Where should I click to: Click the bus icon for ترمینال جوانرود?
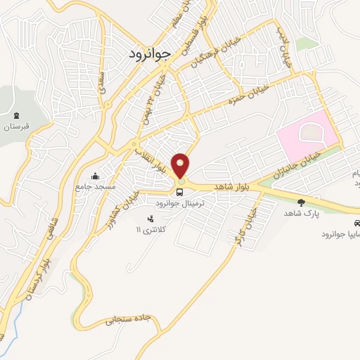click(181, 191)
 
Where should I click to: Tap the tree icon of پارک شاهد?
click(302, 202)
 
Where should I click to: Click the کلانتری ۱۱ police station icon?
click(148, 219)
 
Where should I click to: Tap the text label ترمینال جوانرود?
click(180, 202)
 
